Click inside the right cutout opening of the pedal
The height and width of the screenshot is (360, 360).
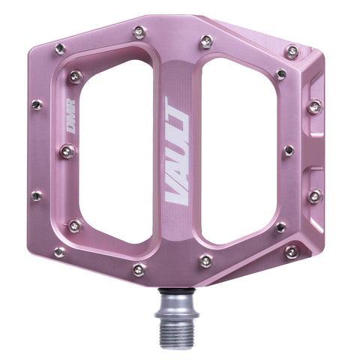point(238,150)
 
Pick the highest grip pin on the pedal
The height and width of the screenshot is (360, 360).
point(139,31)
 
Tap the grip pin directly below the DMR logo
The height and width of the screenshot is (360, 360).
point(68,152)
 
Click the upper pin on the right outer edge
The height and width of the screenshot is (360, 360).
point(314,106)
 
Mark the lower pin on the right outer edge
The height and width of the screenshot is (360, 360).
point(314,196)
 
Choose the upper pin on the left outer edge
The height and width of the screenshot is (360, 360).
point(37,105)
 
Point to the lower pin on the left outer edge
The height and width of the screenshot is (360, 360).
point(37,196)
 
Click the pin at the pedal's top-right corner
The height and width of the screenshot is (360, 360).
point(292,52)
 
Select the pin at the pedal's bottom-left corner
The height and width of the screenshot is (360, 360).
point(59,252)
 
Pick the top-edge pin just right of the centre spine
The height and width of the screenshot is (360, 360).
point(205,41)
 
